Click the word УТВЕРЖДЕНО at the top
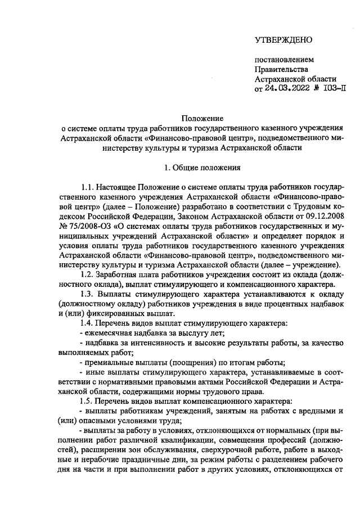coord(283,39)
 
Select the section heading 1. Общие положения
coord(202,167)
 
